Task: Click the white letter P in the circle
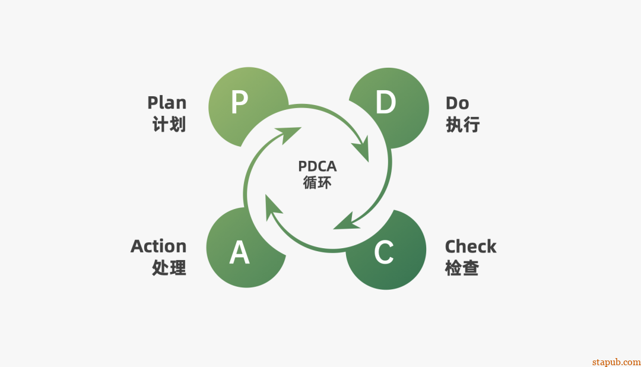[239, 103]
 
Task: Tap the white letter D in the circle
[385, 103]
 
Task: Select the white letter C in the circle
[384, 253]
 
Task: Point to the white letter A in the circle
[239, 253]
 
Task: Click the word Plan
[167, 103]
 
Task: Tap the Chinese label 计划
[169, 125]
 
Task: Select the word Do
[457, 103]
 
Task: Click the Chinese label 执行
[462, 125]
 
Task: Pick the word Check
[471, 246]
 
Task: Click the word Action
[158, 246]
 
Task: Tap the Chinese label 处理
[169, 268]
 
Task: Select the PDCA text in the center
[318, 167]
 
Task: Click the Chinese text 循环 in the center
[318, 183]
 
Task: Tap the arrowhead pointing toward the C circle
[345, 221]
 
